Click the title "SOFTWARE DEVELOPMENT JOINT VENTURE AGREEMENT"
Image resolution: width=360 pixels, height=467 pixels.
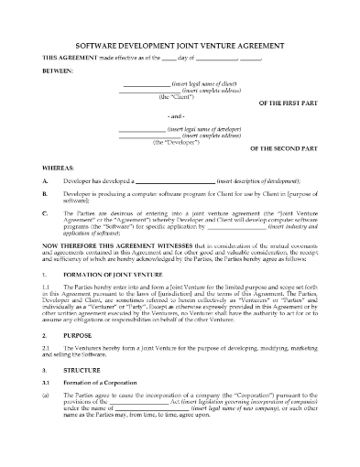tap(180, 48)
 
